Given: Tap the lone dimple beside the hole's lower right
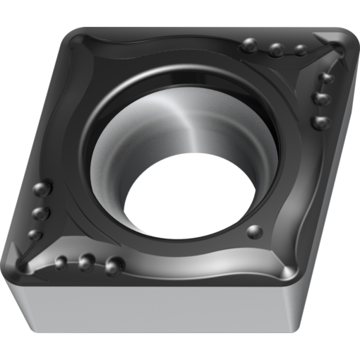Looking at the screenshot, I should coord(255,231).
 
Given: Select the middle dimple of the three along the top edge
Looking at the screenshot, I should coord(276,50).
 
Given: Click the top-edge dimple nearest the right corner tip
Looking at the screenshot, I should coord(301,50).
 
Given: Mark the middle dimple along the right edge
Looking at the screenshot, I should coord(323,98).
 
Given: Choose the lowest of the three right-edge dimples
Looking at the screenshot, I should coord(320,122).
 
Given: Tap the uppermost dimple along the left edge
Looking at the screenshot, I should coord(42,189).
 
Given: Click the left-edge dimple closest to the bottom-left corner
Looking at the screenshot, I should coord(34,234).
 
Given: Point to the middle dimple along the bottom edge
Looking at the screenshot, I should coord(86,263).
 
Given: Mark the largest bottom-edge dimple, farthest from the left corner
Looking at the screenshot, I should coord(114,265).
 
